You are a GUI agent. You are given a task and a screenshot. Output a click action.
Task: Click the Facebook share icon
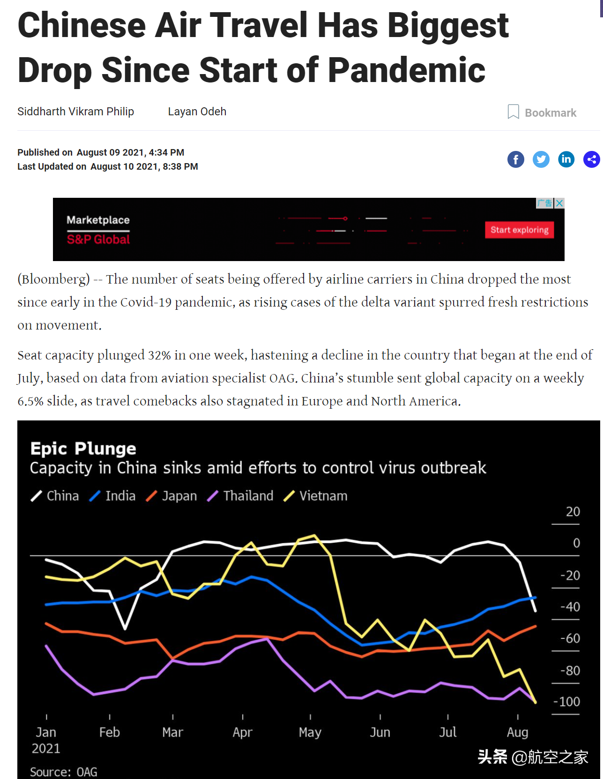tap(515, 159)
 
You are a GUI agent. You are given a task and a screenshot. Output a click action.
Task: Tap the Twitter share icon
tap(541, 159)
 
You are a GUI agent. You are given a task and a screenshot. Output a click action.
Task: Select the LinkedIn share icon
tap(566, 159)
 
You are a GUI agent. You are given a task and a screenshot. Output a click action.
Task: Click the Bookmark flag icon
tap(513, 112)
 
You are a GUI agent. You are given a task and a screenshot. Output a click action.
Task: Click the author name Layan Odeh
tap(197, 112)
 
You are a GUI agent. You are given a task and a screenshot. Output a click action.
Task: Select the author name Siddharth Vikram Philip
tap(75, 112)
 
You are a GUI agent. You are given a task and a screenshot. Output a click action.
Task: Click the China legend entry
tap(55, 496)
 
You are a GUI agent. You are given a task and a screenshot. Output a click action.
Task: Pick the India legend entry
tap(112, 496)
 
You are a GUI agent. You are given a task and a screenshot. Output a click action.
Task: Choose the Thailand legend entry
tap(240, 496)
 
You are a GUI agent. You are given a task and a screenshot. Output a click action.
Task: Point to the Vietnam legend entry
tap(316, 496)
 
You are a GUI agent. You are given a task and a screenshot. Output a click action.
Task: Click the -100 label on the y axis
tap(566, 702)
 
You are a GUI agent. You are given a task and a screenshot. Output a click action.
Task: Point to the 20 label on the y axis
tap(573, 512)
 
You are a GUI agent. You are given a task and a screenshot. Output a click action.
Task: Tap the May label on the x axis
tap(310, 732)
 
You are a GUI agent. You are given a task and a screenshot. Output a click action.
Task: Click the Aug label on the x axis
tap(517, 732)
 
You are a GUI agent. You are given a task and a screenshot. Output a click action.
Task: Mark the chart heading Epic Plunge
tap(83, 449)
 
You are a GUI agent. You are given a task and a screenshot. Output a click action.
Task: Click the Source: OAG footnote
tap(63, 772)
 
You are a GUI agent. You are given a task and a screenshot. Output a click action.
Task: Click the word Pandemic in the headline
tap(406, 70)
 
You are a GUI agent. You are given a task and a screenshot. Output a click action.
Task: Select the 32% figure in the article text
tap(159, 355)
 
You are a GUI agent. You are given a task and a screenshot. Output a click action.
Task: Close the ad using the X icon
tap(559, 203)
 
